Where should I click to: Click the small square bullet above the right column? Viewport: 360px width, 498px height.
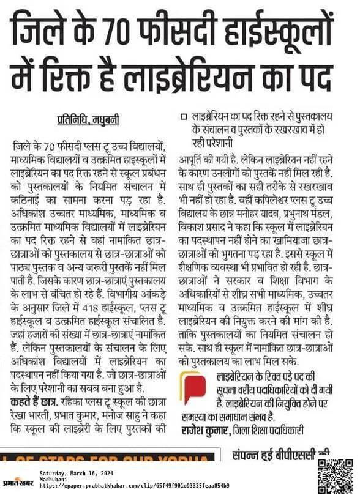[183, 116]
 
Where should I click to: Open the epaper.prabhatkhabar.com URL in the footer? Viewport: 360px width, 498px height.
[134, 486]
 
